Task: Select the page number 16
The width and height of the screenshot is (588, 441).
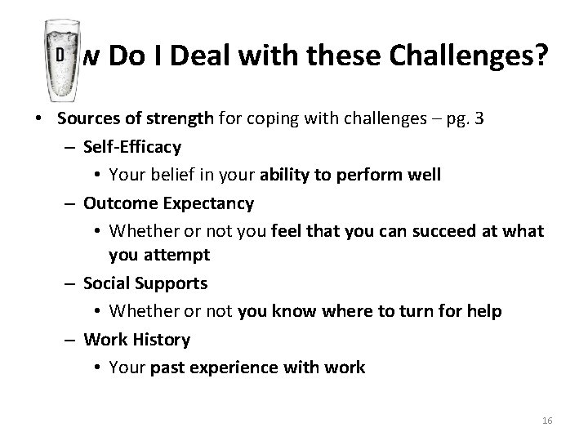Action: [x=547, y=420]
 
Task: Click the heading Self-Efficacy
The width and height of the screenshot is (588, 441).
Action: [x=132, y=147]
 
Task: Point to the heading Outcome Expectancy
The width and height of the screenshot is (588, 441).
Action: [x=169, y=202]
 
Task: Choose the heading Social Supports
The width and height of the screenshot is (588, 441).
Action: [x=145, y=283]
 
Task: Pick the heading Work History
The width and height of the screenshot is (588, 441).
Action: [x=136, y=338]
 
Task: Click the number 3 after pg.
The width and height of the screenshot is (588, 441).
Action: [x=479, y=119]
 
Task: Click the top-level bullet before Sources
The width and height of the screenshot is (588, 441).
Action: [x=40, y=119]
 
